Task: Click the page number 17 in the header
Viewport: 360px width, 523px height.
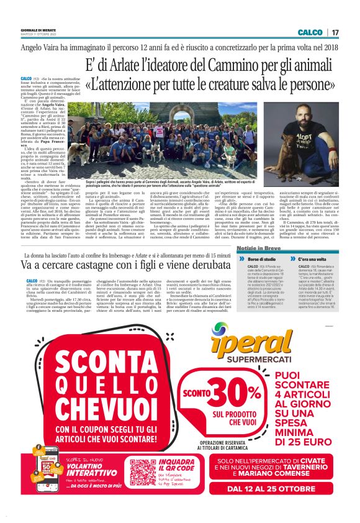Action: pos(335,32)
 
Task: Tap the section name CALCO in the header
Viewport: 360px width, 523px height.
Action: pos(310,32)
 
